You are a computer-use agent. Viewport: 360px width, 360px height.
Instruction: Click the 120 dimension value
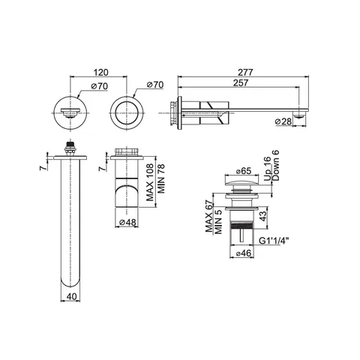[x=101, y=72]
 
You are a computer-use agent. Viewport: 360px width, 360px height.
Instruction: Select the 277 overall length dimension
[x=245, y=72]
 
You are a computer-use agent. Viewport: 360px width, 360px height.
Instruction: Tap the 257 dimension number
[x=241, y=82]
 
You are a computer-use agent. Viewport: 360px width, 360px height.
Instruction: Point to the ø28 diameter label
[x=283, y=121]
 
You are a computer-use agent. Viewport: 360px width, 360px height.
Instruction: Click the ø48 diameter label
[x=127, y=222]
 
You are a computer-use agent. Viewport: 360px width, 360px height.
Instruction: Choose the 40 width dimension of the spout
[x=71, y=296]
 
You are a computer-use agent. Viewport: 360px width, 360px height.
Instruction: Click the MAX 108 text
[x=150, y=182]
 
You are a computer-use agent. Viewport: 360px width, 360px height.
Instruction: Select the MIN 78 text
[x=161, y=178]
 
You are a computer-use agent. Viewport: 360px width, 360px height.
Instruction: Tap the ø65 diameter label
[x=243, y=171]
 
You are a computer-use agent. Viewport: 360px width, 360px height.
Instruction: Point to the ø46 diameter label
[x=243, y=253]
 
